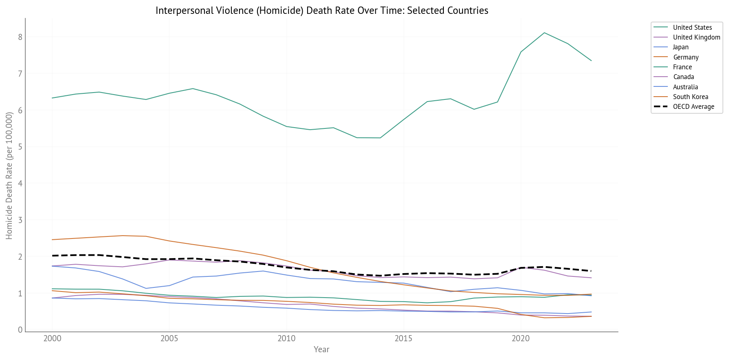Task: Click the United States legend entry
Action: coord(692,27)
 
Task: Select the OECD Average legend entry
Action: coord(693,106)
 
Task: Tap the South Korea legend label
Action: coord(690,97)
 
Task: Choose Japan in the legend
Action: coord(680,47)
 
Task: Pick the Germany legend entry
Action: coord(685,57)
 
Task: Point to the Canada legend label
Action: coord(683,77)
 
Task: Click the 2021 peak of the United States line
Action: coord(544,33)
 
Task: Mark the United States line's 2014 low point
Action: coord(380,138)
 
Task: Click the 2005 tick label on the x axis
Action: coord(169,338)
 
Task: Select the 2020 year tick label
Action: coord(521,338)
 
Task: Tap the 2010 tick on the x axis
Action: coord(286,338)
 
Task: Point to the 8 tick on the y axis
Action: coord(20,37)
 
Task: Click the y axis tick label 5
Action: coord(20,147)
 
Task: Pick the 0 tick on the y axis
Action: coord(20,330)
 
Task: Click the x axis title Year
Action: coord(321,349)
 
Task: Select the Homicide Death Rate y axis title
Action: coord(9,175)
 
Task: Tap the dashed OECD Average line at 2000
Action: coord(52,256)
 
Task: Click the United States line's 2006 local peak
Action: coord(193,88)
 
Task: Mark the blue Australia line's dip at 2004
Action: coord(146,288)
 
